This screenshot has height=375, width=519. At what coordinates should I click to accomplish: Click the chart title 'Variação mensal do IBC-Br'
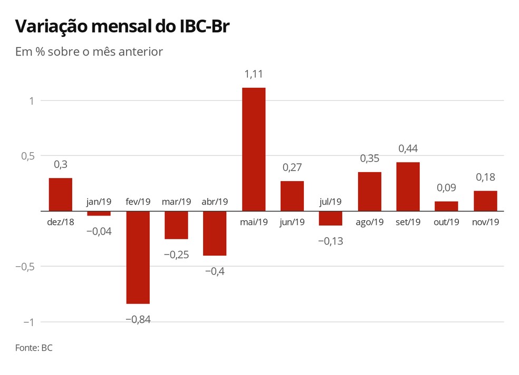coord(122,26)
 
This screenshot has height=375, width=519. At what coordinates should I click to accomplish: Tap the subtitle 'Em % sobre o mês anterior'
coord(89,52)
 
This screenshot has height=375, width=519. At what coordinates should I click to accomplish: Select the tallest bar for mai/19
coord(254,149)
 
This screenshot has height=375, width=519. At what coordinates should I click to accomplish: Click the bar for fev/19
coord(138,257)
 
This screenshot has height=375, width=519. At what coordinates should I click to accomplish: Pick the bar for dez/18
coord(61,194)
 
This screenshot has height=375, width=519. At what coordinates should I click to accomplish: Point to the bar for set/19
coord(408,186)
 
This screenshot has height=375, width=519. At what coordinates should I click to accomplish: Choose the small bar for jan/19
coord(99,213)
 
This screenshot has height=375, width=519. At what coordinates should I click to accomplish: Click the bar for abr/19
coord(215,233)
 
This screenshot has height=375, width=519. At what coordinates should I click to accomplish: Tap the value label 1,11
coord(254,74)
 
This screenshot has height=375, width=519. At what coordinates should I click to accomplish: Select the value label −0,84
coord(138,320)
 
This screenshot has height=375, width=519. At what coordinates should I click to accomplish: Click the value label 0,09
coord(446,187)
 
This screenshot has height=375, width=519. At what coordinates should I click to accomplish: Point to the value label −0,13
coord(331,241)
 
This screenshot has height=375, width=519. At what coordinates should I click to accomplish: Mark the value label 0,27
coord(292,167)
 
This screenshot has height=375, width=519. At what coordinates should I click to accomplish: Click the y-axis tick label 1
coord(32,100)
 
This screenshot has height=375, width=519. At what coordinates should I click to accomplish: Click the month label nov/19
coord(485,222)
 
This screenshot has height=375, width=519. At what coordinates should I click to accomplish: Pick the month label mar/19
coord(177,202)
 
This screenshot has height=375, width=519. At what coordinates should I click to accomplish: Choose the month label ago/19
coord(369,222)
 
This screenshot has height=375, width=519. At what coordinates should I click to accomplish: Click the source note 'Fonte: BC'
coord(34,348)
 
